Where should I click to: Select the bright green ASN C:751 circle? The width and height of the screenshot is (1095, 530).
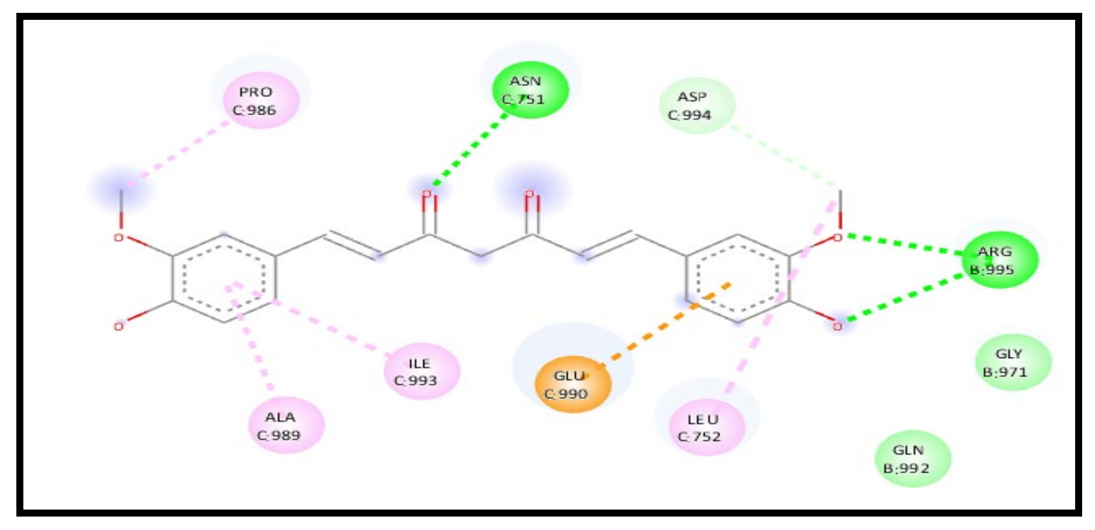click(530, 90)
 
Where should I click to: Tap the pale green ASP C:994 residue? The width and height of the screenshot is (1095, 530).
click(697, 106)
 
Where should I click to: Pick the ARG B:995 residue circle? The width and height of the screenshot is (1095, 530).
click(999, 261)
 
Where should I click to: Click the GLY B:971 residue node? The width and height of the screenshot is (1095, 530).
click(1013, 363)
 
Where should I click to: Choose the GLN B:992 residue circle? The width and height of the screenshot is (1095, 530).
click(912, 459)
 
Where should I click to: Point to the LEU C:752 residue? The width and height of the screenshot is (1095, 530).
click(706, 428)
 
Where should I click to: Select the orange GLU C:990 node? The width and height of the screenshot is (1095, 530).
click(573, 384)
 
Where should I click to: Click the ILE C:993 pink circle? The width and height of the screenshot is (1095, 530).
click(422, 372)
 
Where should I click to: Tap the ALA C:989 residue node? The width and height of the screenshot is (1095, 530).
click(286, 426)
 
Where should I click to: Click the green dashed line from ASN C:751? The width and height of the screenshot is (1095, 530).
click(471, 150)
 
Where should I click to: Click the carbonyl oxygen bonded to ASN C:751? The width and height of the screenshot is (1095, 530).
click(427, 193)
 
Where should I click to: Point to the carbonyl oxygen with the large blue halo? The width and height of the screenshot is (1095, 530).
click(529, 193)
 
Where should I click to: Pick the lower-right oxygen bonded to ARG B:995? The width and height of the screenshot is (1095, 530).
click(838, 325)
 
